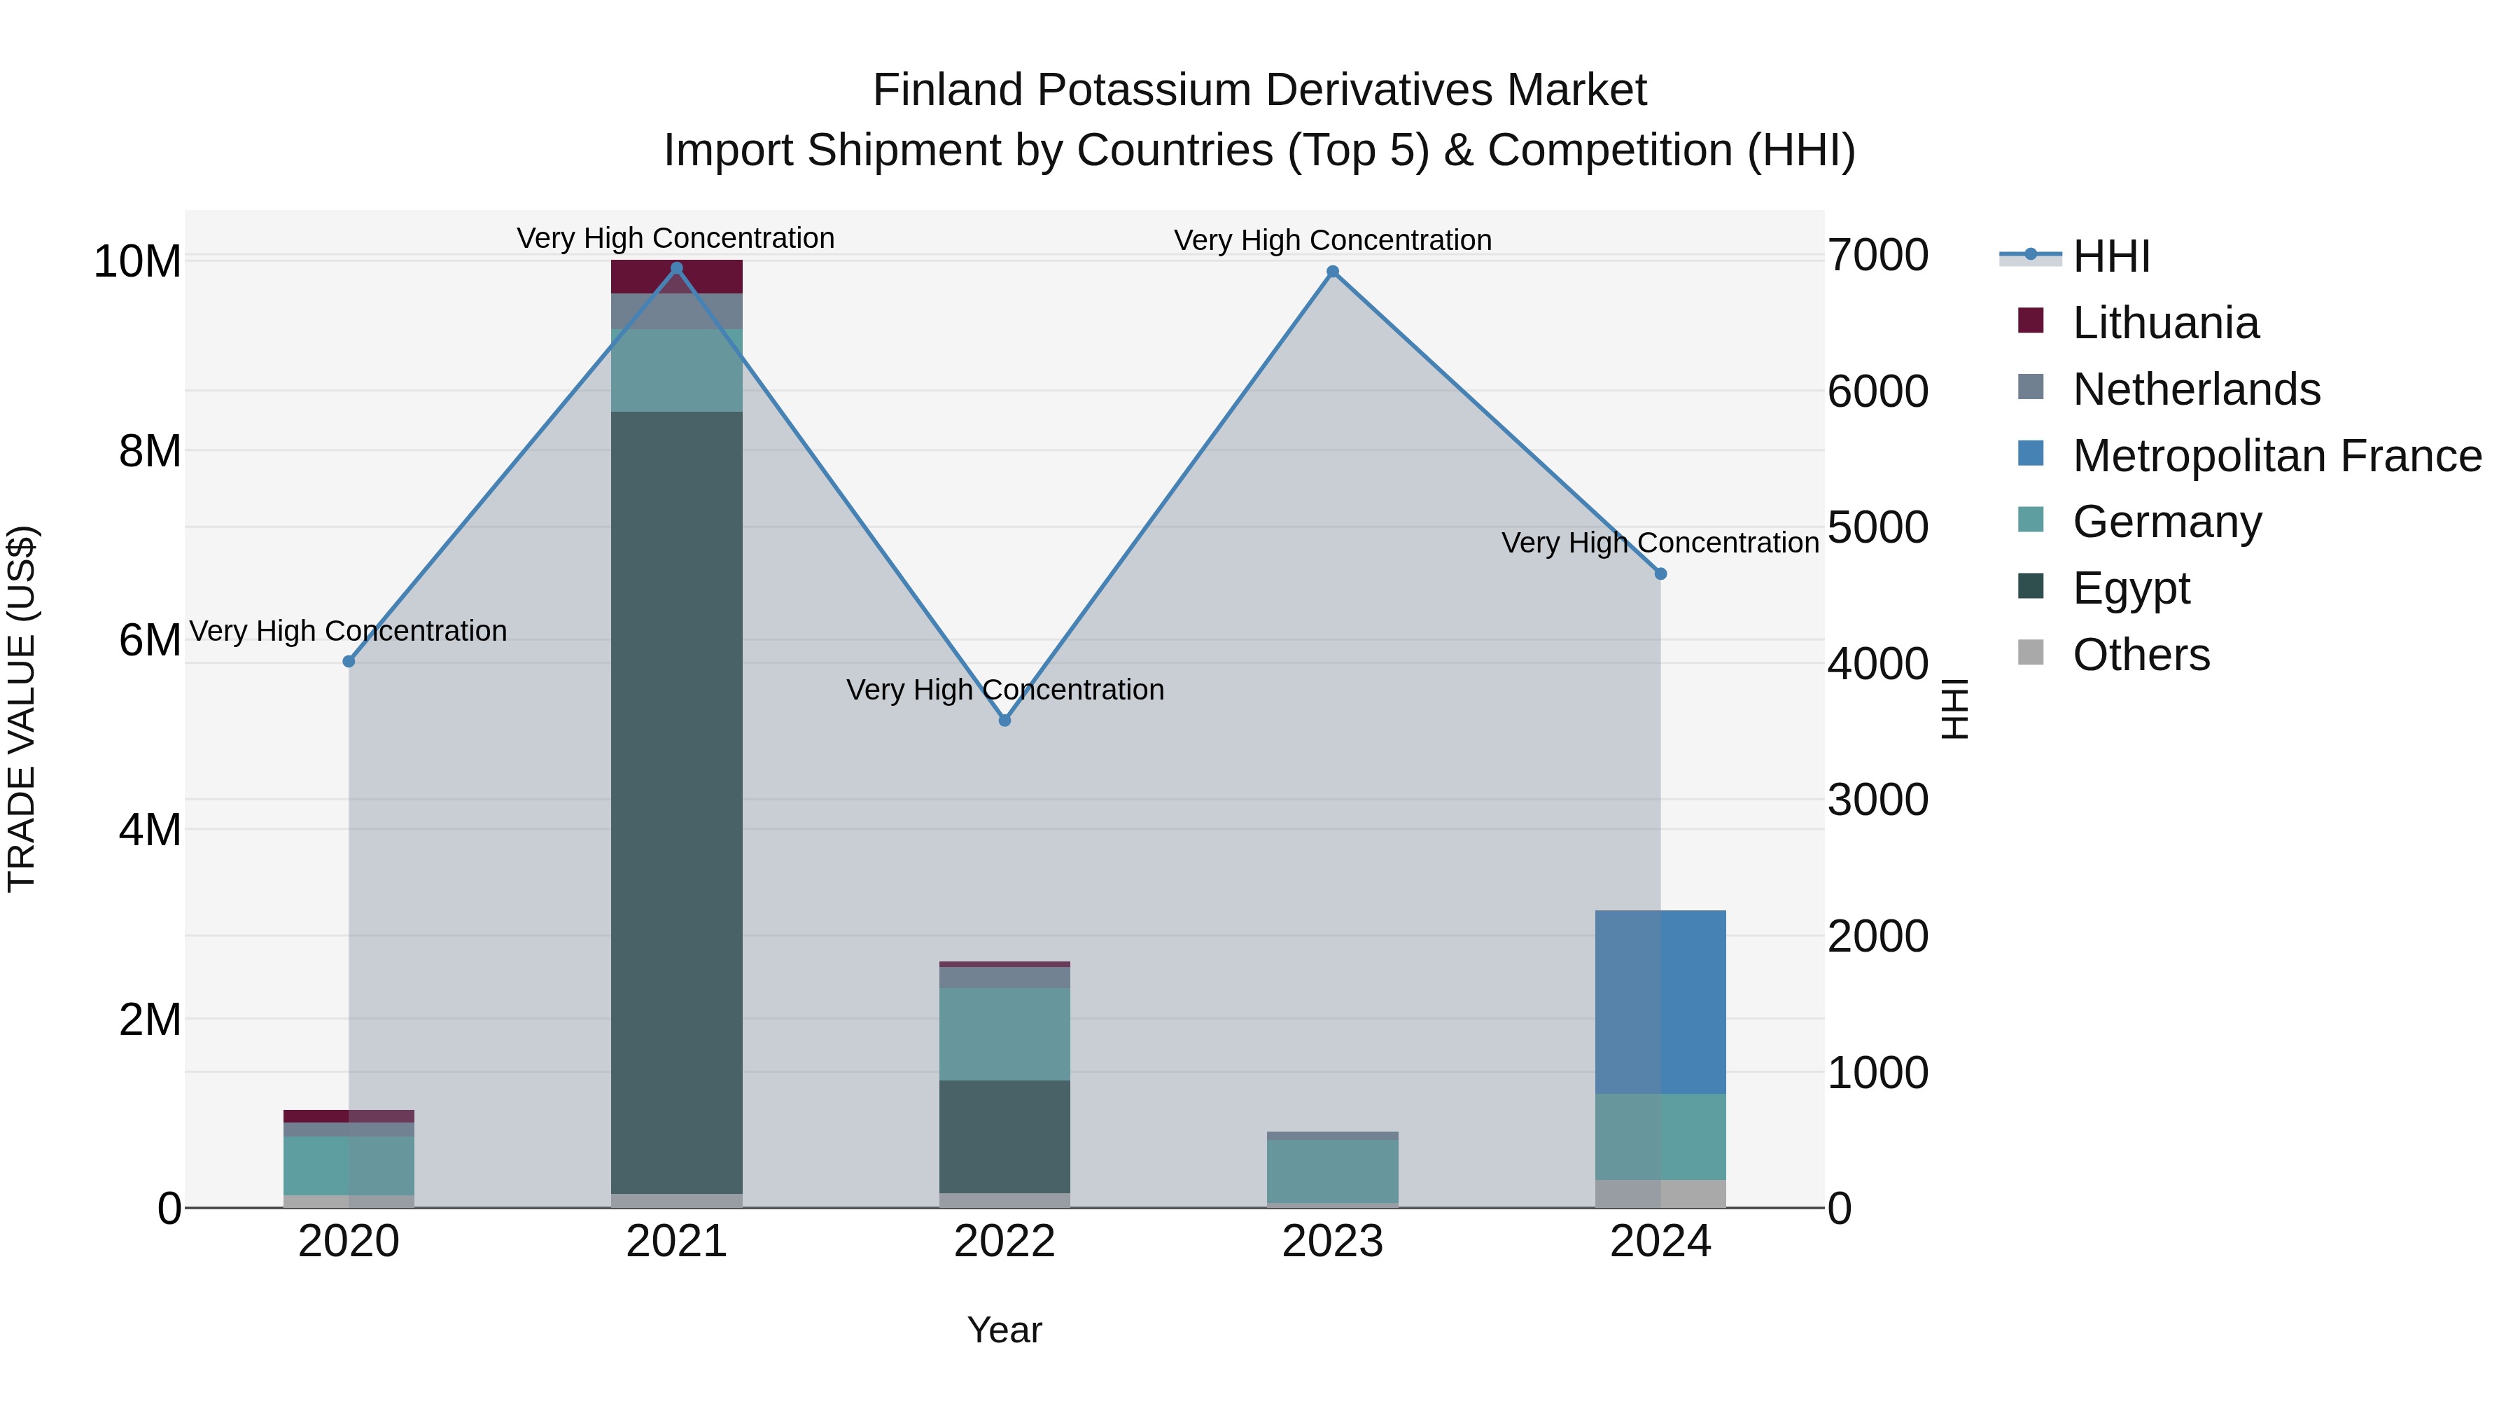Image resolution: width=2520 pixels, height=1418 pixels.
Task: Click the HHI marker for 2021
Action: [x=676, y=268]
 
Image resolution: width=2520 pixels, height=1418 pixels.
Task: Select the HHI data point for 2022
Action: [x=1004, y=721]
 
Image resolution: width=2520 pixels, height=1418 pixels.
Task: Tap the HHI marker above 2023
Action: [x=1332, y=272]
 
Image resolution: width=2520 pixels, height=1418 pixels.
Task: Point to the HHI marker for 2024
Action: [x=1660, y=574]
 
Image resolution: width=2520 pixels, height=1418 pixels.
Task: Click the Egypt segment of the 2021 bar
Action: [x=676, y=802]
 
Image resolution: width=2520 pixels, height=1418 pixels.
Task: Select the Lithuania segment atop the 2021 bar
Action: [x=676, y=277]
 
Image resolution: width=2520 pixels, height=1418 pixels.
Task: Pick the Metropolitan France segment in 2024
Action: [x=1660, y=1002]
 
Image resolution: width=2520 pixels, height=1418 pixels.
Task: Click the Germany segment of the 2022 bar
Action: [x=1004, y=1034]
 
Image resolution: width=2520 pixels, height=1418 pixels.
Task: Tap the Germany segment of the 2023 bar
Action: [x=1332, y=1172]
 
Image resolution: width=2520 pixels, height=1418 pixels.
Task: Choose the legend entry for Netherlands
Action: [x=2196, y=389]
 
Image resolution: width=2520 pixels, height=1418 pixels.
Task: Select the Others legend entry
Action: [x=2141, y=655]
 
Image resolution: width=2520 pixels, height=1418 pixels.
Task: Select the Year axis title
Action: [x=1004, y=1330]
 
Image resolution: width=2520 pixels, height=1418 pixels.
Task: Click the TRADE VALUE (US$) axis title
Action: [x=22, y=709]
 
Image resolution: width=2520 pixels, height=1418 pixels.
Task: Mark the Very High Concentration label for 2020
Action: [x=349, y=631]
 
